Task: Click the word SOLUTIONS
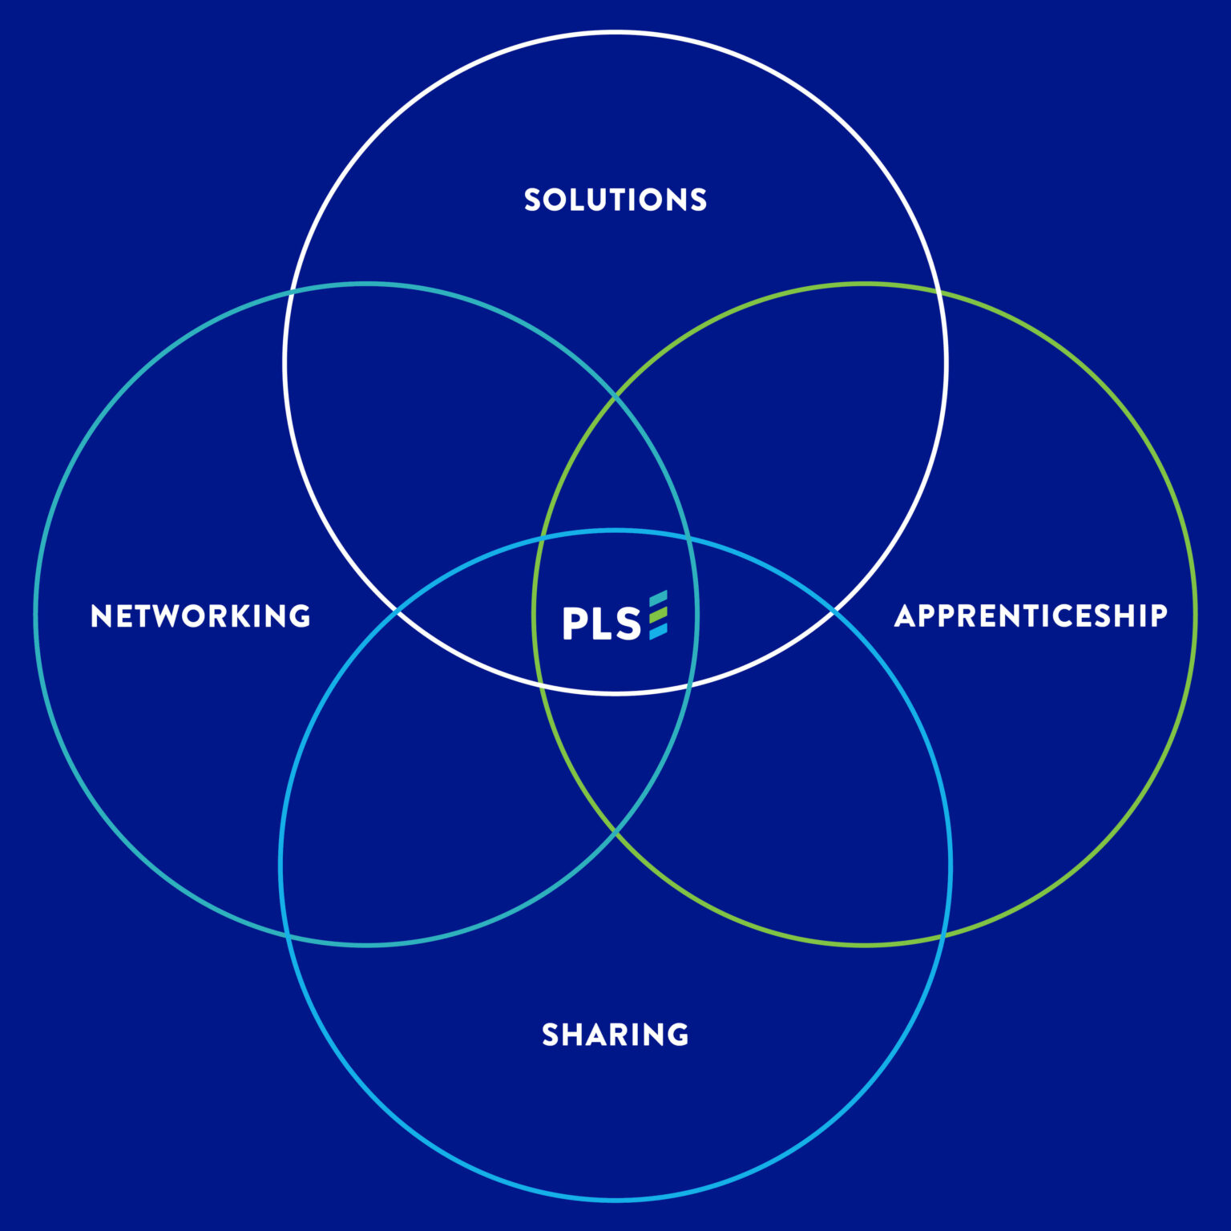tap(615, 200)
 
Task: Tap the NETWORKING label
tap(200, 616)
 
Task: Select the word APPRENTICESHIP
tap(1031, 616)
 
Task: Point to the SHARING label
tap(615, 1035)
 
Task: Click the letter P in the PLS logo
tap(575, 624)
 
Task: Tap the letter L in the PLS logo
tap(602, 624)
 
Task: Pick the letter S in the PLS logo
tap(628, 624)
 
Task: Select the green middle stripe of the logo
tap(658, 615)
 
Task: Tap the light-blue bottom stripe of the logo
tap(658, 632)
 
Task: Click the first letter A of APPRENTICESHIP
tap(906, 616)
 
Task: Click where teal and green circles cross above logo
tap(615, 396)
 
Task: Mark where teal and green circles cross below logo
tap(615, 833)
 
